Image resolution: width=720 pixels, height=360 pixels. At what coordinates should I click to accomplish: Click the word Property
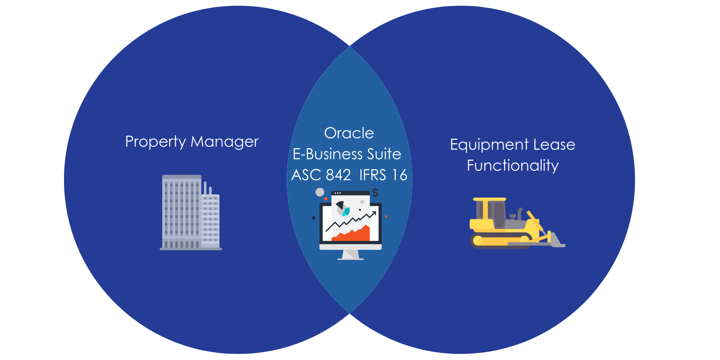pyautogui.click(x=155, y=142)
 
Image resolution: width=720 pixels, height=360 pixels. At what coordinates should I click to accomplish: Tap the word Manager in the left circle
pyautogui.click(x=224, y=142)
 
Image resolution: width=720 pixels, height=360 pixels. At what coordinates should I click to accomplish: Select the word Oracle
pyautogui.click(x=349, y=133)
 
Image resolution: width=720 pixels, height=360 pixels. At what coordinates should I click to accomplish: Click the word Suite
pyautogui.click(x=384, y=154)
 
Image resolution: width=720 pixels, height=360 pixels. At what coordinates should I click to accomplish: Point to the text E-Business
pyautogui.click(x=328, y=154)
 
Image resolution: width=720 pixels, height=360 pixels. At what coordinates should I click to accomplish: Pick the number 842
pyautogui.click(x=338, y=175)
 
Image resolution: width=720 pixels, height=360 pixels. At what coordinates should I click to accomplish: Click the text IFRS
pyautogui.click(x=373, y=175)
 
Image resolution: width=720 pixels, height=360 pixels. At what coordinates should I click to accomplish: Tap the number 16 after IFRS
pyautogui.click(x=400, y=175)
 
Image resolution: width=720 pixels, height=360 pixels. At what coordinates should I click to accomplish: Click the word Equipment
pyautogui.click(x=489, y=145)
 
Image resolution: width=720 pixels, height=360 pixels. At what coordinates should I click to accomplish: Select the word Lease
pyautogui.click(x=554, y=144)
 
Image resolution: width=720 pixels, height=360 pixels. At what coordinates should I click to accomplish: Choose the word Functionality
pyautogui.click(x=513, y=166)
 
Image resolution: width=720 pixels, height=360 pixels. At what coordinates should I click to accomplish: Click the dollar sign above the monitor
pyautogui.click(x=376, y=192)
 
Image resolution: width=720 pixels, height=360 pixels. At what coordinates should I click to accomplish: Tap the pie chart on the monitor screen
pyautogui.click(x=342, y=208)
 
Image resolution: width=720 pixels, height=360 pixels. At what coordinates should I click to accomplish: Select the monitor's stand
pyautogui.click(x=350, y=254)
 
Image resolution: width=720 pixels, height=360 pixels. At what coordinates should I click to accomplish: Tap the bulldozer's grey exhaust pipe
pyautogui.click(x=519, y=213)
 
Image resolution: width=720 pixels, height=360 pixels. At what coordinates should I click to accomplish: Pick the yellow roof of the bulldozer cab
pyautogui.click(x=489, y=199)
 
